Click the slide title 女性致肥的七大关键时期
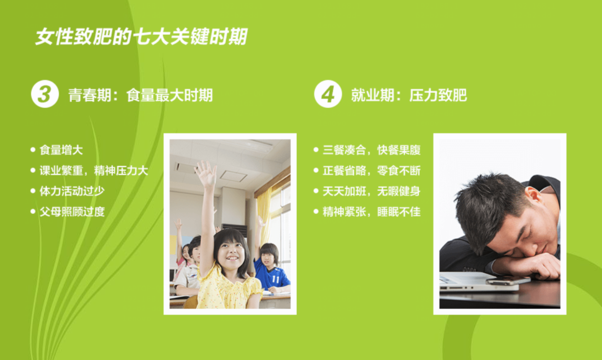pyautogui.click(x=141, y=37)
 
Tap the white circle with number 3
pyautogui.click(x=45, y=94)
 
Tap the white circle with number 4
pyautogui.click(x=328, y=94)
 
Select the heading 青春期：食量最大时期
pyautogui.click(x=141, y=95)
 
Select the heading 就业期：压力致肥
pyautogui.click(x=409, y=95)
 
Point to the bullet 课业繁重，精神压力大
pyautogui.click(x=93, y=170)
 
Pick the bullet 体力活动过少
pyautogui.click(x=72, y=191)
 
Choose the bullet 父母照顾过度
pyautogui.click(x=72, y=212)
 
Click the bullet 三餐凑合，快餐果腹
pyautogui.click(x=372, y=150)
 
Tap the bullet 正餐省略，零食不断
pyautogui.click(x=372, y=170)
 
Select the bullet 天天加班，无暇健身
pyautogui.click(x=372, y=191)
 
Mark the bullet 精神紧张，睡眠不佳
pyautogui.click(x=372, y=212)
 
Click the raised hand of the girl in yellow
pyautogui.click(x=206, y=172)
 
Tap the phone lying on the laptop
pyautogui.click(x=508, y=280)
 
